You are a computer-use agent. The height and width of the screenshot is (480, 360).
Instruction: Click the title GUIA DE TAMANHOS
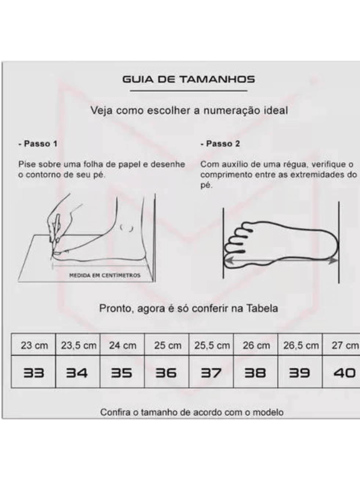click(189, 79)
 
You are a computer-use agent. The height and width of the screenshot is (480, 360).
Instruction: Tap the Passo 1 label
click(38, 144)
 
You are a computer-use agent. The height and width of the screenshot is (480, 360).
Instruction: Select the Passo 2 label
click(220, 144)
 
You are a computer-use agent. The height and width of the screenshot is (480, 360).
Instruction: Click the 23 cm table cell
click(33, 345)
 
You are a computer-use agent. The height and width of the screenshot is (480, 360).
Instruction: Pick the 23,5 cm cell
click(78, 345)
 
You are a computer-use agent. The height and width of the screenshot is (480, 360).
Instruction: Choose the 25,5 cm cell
click(211, 345)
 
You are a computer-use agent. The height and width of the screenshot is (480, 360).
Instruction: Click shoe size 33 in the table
click(34, 373)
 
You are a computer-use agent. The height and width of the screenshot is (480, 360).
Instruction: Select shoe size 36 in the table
click(166, 373)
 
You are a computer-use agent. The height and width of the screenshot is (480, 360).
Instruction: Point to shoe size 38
click(255, 373)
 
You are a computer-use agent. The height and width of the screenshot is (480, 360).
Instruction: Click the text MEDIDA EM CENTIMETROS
click(105, 275)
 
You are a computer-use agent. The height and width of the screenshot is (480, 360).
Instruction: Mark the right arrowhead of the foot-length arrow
click(333, 261)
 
